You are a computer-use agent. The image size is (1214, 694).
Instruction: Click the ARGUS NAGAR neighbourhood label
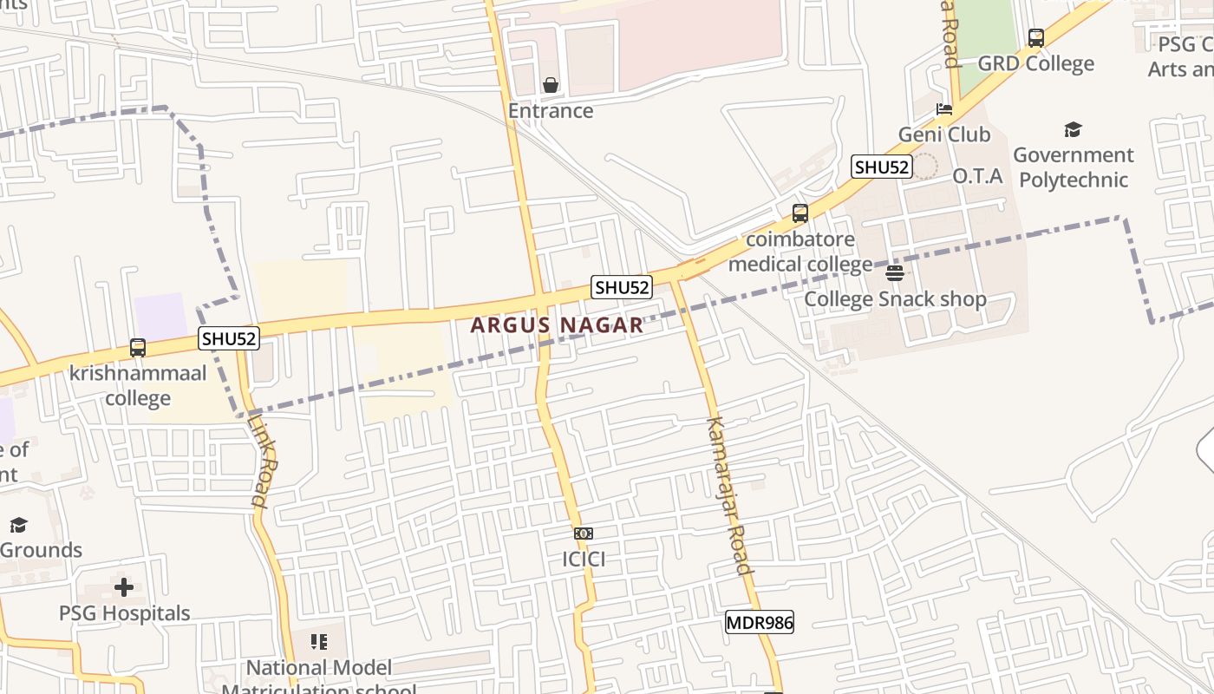pos(557,325)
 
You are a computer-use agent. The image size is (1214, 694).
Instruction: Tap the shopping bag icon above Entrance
pos(551,85)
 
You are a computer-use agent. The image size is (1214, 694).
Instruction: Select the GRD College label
pos(1035,63)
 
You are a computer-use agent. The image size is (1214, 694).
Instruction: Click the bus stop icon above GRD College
pos(1035,38)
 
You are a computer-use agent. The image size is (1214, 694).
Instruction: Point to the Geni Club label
pos(943,134)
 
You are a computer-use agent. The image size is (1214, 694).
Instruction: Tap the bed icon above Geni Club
pos(944,109)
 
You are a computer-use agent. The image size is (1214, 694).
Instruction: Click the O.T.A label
pos(977,176)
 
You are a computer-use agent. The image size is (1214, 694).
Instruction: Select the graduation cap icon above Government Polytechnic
pos(1073,130)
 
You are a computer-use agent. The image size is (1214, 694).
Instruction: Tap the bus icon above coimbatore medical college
pos(800,213)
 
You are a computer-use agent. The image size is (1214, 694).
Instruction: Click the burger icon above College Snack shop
pos(895,274)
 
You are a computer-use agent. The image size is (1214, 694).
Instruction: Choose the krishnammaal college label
pos(138,386)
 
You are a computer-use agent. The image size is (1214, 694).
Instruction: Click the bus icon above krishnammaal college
pos(138,348)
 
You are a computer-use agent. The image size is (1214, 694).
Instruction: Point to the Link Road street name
pos(262,460)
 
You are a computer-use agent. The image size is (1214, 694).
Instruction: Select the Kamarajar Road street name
pos(728,495)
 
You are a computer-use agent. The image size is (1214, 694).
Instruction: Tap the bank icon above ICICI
pos(584,534)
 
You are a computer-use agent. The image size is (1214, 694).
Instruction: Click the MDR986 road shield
pos(759,622)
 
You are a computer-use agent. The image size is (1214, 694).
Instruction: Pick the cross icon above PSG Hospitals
pos(124,587)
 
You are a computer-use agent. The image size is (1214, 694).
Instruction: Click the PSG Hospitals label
pos(124,613)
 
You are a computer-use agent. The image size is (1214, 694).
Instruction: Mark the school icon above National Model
pos(319,642)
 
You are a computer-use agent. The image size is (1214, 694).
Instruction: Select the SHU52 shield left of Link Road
pos(229,338)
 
